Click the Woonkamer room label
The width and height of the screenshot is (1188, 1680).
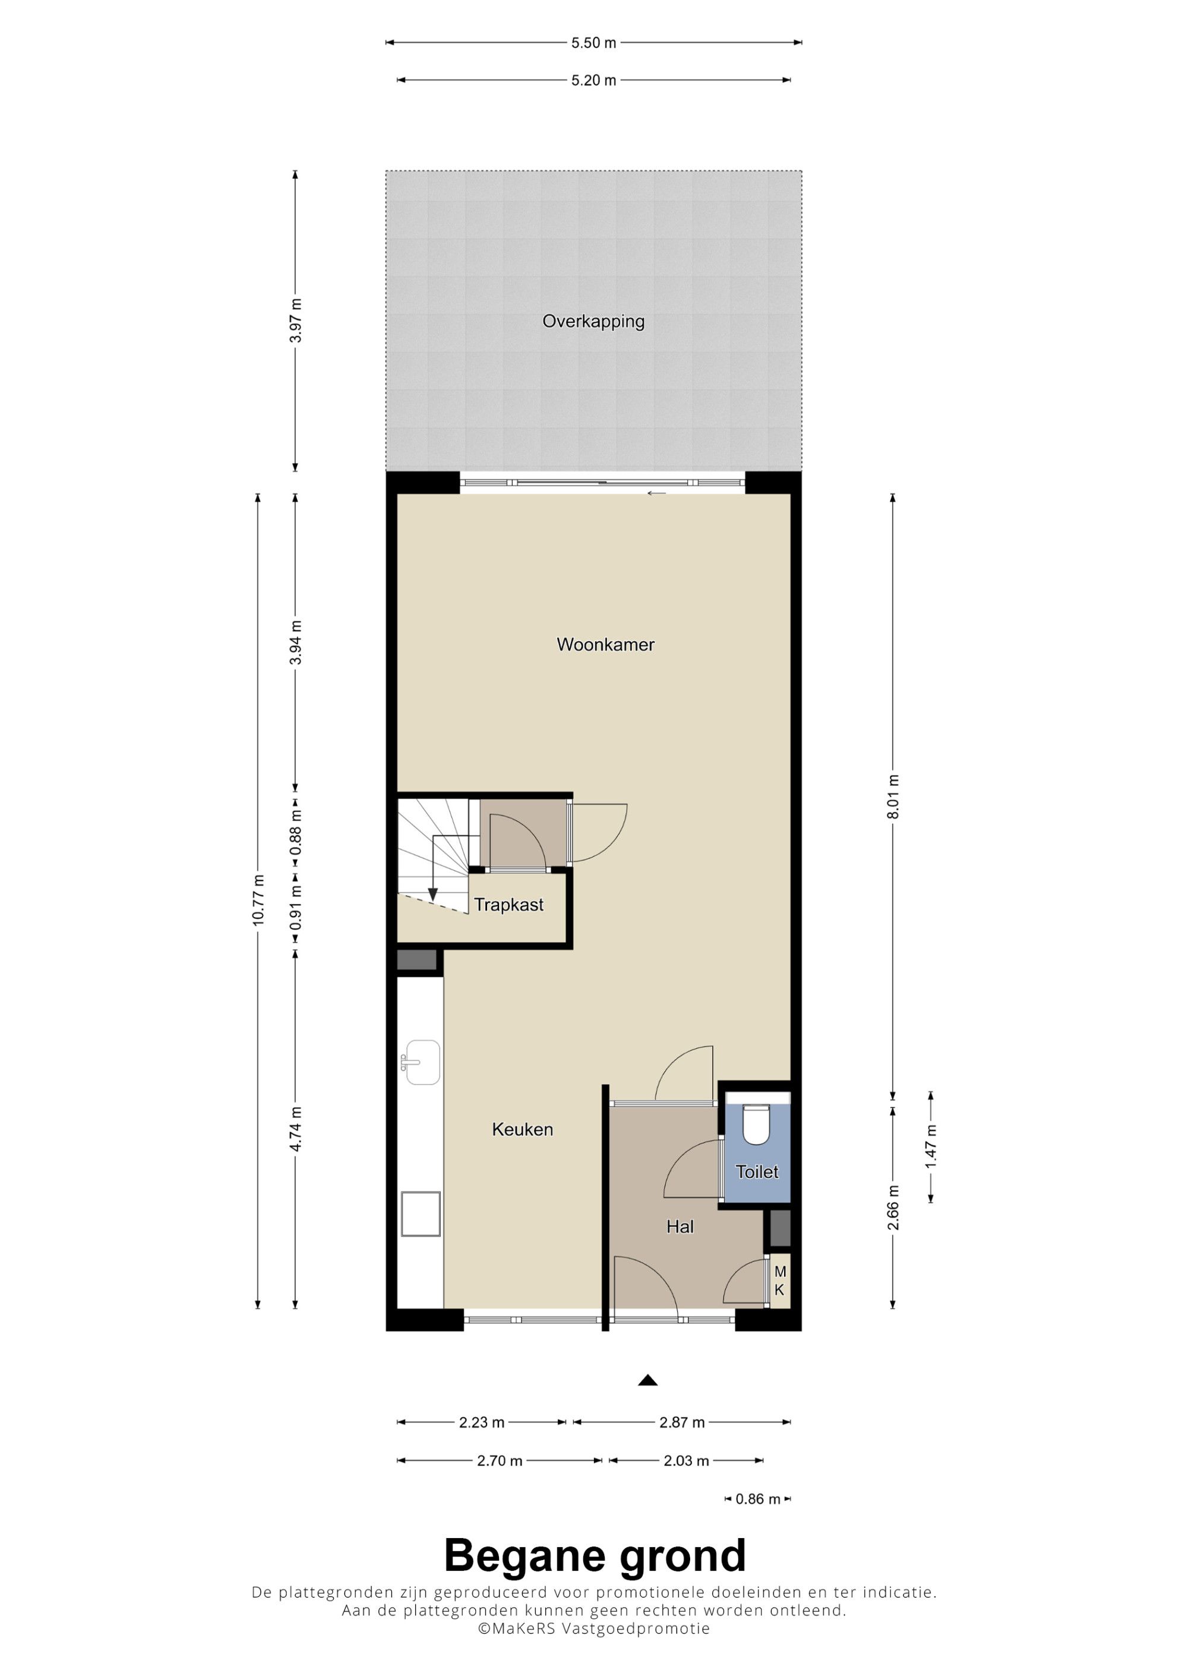tap(605, 645)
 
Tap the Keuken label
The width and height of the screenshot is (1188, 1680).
tap(522, 1129)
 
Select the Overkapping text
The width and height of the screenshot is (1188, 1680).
tap(593, 321)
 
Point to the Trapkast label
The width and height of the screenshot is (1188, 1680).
tap(508, 905)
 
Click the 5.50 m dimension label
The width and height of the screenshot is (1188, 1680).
tap(593, 42)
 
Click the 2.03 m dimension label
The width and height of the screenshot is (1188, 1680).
tap(686, 1460)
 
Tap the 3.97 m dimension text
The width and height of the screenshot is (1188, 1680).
tap(295, 321)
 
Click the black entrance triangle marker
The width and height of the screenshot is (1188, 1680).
tap(648, 1380)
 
